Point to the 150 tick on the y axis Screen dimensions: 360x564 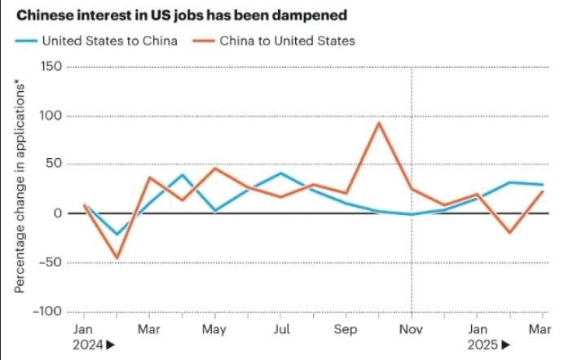click(51, 67)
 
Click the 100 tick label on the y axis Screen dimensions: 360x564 click(51, 116)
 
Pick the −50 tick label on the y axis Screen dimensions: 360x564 click(48, 263)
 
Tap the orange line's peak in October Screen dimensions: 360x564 click(379, 123)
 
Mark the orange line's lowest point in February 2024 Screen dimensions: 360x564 click(117, 258)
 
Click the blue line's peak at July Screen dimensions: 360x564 click(280, 173)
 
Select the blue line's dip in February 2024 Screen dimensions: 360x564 click(117, 235)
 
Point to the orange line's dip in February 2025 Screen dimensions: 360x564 click(510, 233)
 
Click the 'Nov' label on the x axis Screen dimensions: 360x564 click(412, 330)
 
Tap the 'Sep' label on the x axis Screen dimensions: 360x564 click(346, 330)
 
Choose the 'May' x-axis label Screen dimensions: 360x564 click(214, 330)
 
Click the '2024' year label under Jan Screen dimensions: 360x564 click(87, 345)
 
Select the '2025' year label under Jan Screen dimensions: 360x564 click(482, 345)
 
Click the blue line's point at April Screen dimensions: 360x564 click(182, 174)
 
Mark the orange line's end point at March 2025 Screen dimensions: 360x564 click(543, 191)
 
